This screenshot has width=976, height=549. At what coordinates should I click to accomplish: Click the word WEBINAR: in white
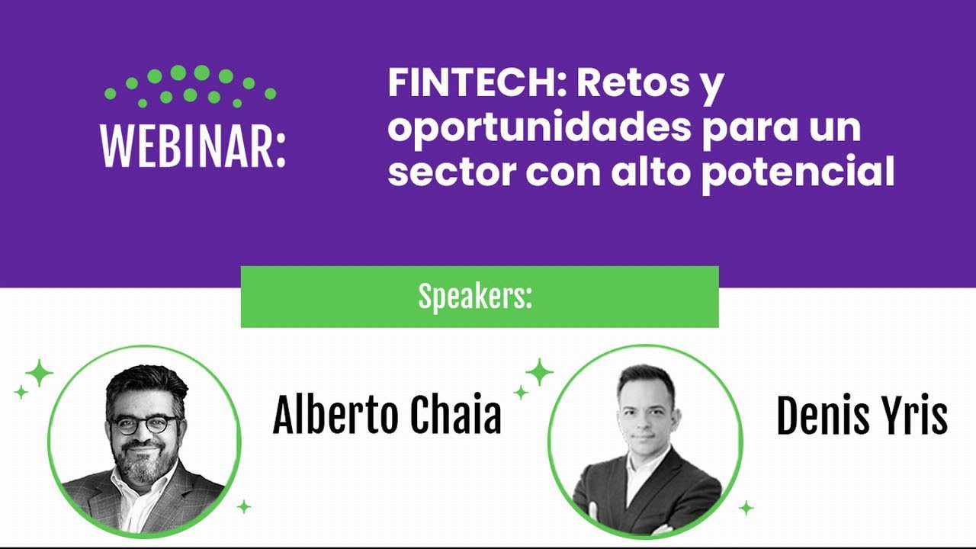(193, 144)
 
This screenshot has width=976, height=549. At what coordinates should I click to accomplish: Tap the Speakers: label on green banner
(475, 297)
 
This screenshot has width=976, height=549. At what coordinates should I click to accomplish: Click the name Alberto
(335, 416)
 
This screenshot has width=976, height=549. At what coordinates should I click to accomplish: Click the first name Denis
(824, 417)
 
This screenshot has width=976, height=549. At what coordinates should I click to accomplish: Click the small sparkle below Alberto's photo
(244, 506)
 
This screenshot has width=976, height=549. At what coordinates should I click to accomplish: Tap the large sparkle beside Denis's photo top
(539, 373)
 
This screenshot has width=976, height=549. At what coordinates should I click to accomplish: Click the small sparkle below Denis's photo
(746, 508)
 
